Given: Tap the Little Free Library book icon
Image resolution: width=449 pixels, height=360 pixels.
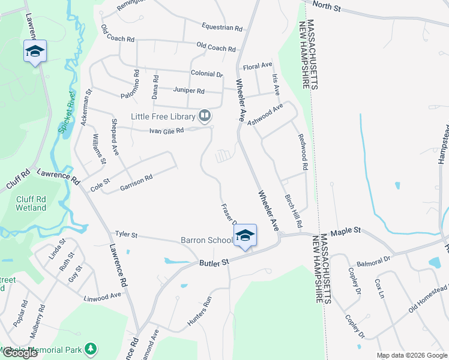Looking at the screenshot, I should coord(205,115).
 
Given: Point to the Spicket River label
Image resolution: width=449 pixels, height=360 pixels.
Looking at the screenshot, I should coord(67,112).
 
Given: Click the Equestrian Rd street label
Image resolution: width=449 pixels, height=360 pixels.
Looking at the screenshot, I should coord(222,28).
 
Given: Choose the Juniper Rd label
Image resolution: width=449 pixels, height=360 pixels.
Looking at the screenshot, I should coord(188,91).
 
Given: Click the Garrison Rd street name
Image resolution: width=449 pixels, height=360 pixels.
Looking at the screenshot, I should coord(136,178).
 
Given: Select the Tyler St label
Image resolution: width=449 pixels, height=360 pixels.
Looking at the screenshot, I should coord(126,235).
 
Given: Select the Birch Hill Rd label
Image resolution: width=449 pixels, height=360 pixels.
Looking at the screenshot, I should coord(293,211).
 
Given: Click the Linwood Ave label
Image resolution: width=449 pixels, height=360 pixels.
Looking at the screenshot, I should coord(103,297).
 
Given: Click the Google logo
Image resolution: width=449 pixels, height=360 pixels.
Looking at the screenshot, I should coord(19,353).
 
